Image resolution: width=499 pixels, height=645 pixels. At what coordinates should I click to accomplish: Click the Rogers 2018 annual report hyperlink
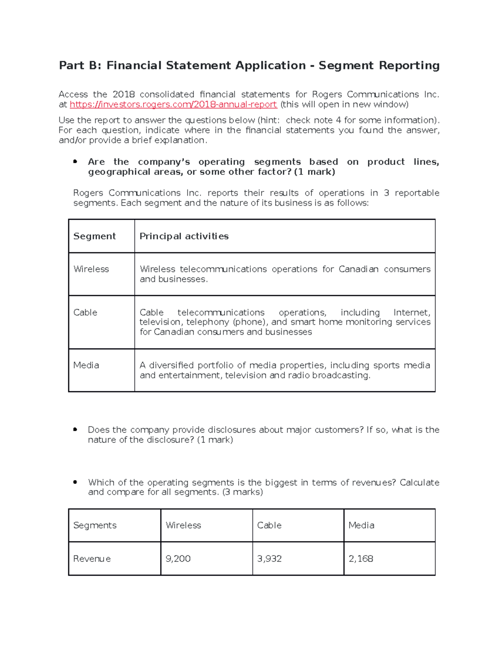click(173, 105)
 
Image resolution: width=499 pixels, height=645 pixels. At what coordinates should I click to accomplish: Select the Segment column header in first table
click(94, 236)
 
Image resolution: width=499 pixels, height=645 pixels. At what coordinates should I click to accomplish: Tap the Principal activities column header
click(184, 236)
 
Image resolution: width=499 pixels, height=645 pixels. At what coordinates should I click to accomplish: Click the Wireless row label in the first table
click(91, 269)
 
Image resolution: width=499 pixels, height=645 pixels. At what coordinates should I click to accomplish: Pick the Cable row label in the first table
click(85, 312)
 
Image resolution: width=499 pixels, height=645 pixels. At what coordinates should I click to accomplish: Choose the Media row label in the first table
click(86, 365)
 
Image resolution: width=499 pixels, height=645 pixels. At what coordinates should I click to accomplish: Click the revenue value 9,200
click(178, 559)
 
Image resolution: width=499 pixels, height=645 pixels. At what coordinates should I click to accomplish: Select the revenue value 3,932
click(269, 559)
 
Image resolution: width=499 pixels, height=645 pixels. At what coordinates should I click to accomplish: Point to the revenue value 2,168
click(361, 559)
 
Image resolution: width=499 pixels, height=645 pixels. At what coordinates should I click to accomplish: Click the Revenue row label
click(92, 559)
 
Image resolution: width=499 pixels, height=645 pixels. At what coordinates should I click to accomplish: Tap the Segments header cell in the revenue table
click(95, 525)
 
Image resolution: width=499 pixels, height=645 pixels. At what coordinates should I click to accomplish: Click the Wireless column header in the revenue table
click(183, 525)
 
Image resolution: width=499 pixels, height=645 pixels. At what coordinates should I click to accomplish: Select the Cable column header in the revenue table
click(269, 525)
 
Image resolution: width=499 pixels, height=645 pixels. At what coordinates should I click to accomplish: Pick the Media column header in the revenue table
click(361, 525)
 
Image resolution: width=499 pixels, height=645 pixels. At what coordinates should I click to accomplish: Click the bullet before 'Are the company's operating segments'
click(75, 162)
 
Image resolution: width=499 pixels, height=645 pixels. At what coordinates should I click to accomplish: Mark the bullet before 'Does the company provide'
click(75, 429)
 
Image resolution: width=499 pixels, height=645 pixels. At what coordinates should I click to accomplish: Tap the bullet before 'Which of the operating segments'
click(75, 482)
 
